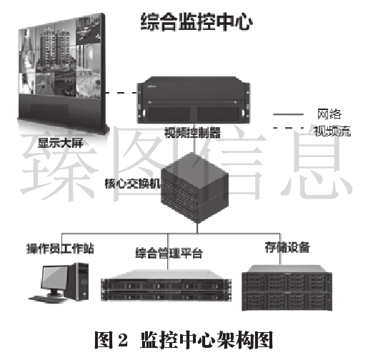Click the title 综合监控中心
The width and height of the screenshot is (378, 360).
click(197, 21)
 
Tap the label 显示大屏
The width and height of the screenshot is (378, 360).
click(60, 143)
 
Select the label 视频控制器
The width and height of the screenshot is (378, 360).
click(192, 132)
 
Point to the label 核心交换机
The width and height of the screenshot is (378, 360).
click(132, 184)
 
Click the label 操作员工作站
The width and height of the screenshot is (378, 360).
click(60, 249)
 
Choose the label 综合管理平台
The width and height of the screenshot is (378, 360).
click(169, 253)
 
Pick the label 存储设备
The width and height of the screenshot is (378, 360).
click(287, 247)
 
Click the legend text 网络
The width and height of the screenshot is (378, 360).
click(329, 114)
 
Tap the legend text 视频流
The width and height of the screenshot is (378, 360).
click(332, 131)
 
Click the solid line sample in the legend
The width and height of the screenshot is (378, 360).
click(288, 114)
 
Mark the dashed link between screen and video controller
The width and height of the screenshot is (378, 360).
click(121, 93)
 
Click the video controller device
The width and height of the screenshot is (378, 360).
click(194, 100)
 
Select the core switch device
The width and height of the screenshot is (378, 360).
click(194, 187)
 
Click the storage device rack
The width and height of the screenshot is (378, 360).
click(287, 287)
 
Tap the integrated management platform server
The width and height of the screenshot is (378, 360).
click(166, 285)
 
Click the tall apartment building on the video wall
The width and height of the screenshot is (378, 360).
click(55, 47)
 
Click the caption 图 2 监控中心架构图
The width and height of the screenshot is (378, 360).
click(184, 340)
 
